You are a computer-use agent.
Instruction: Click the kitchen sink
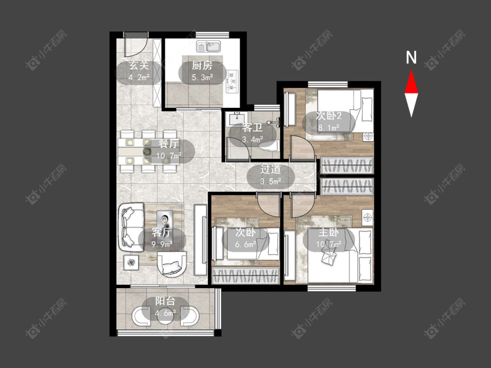(x=209, y=47)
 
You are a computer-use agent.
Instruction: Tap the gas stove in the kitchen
(x=232, y=81)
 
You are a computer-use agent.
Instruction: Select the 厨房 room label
(x=202, y=65)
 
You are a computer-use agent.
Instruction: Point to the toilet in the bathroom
(x=269, y=146)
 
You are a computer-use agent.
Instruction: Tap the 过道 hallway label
(x=271, y=169)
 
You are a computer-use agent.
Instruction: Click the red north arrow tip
(x=411, y=70)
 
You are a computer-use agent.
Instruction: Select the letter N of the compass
(x=411, y=57)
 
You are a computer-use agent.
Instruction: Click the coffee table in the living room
(x=165, y=220)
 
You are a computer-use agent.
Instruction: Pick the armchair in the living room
(x=172, y=265)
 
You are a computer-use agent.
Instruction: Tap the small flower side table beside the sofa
(x=131, y=262)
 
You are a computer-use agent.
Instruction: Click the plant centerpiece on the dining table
(x=148, y=151)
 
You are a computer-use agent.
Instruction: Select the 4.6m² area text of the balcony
(x=165, y=313)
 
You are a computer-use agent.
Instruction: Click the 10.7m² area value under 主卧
(x=329, y=244)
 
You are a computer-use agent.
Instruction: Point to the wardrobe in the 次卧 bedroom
(x=245, y=275)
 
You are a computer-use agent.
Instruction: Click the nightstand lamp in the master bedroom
(x=367, y=217)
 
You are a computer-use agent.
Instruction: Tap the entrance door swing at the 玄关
(x=135, y=48)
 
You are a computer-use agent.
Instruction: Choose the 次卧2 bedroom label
(x=329, y=116)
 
